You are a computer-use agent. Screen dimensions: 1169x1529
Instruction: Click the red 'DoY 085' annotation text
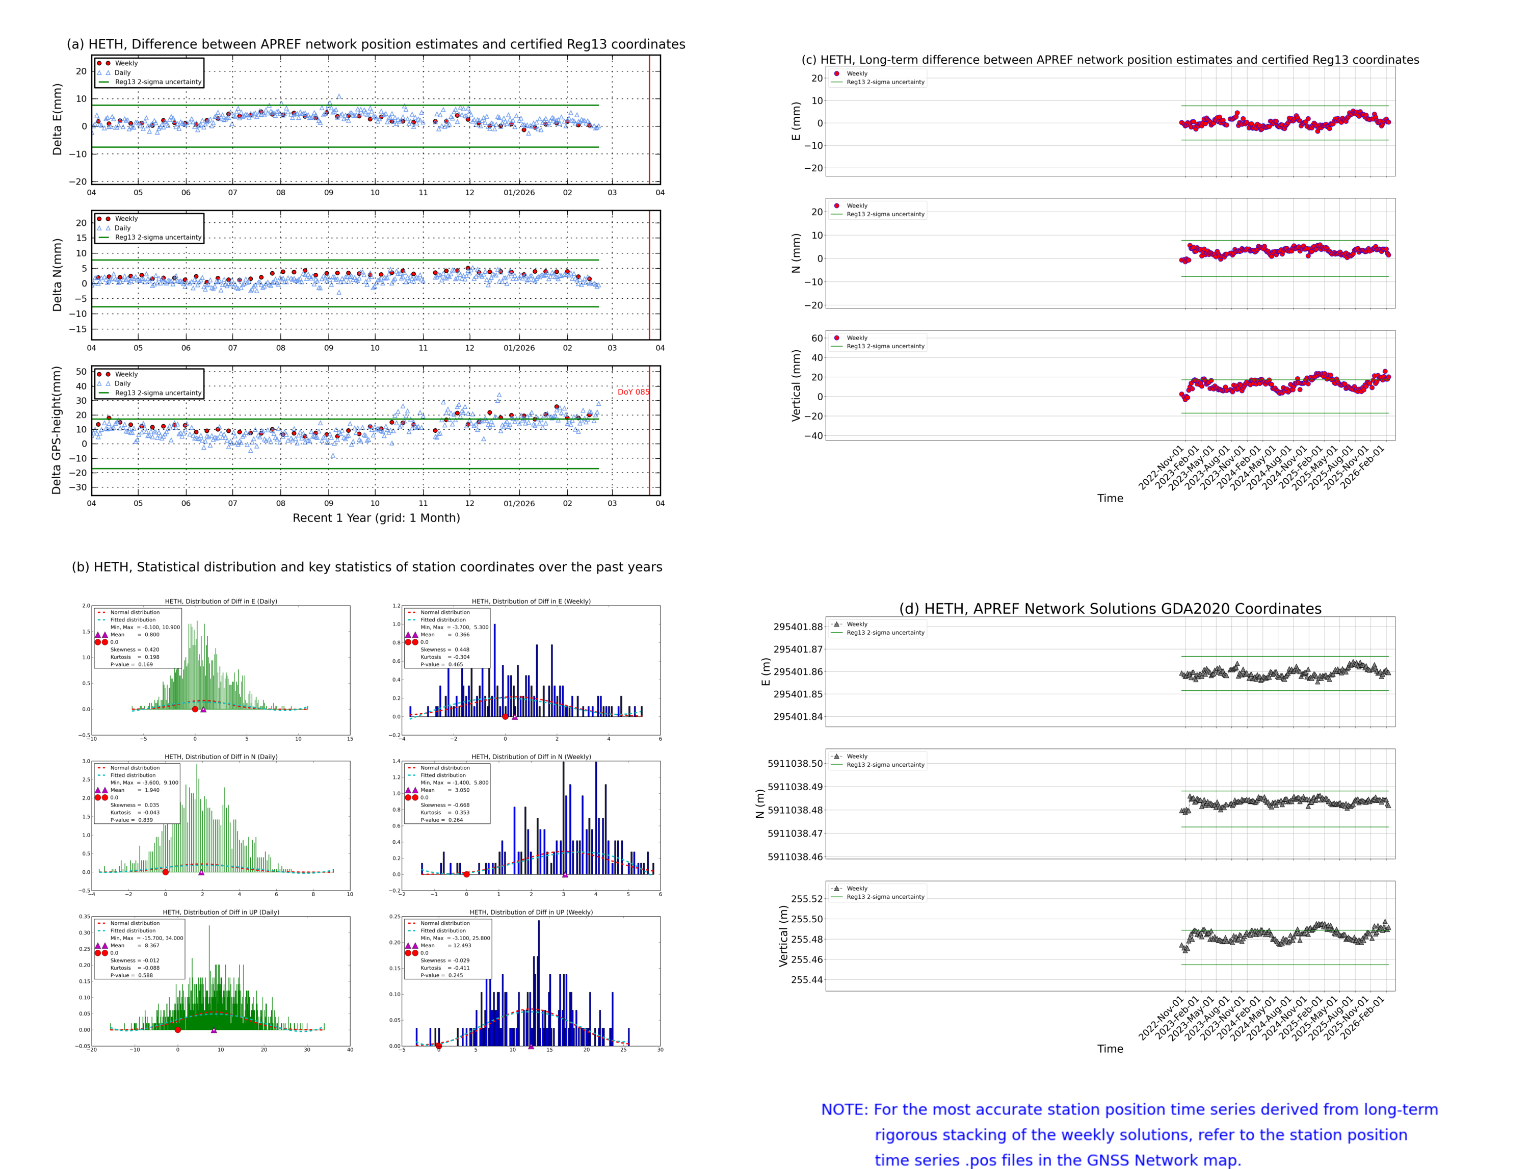point(632,392)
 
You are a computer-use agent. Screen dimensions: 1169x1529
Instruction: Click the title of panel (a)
point(376,44)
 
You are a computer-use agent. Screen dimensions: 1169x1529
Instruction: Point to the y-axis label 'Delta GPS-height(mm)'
point(57,430)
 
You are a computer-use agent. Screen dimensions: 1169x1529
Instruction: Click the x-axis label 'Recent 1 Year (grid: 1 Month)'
point(376,517)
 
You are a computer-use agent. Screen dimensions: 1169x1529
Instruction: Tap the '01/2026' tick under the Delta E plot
point(519,193)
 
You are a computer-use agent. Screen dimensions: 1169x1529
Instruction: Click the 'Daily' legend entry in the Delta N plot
point(122,228)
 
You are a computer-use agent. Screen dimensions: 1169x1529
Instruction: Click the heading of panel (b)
point(366,567)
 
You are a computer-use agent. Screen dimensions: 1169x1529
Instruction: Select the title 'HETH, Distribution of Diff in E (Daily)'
point(221,601)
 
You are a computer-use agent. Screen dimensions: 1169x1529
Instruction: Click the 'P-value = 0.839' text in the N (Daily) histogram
point(131,820)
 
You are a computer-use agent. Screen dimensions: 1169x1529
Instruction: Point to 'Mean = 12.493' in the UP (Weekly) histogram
point(445,945)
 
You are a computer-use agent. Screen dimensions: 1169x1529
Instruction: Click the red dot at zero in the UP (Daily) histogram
point(177,1030)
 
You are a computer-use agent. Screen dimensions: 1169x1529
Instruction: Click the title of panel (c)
point(1110,60)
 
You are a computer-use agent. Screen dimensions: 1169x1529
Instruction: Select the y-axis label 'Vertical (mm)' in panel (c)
point(796,385)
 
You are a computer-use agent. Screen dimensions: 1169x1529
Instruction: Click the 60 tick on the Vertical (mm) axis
point(816,338)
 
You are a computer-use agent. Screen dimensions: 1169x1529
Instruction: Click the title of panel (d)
point(1110,609)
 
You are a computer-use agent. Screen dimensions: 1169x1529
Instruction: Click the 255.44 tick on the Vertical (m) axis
point(806,980)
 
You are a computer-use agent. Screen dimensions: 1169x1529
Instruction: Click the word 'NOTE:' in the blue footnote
point(844,1110)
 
